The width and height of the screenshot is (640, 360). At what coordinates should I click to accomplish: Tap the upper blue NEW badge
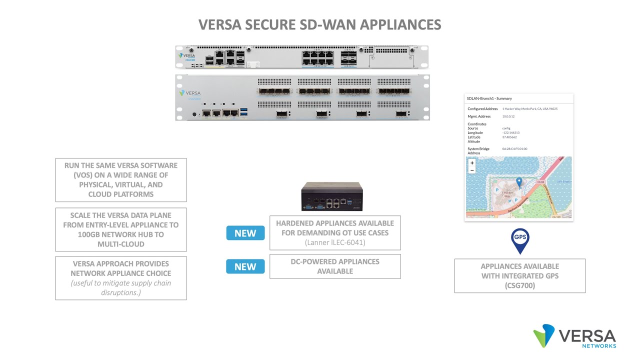[245, 233]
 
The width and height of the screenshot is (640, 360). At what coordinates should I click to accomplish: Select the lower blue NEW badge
[245, 266]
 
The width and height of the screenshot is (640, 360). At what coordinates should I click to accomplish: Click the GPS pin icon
[520, 238]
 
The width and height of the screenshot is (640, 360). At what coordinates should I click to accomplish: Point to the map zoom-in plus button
[472, 163]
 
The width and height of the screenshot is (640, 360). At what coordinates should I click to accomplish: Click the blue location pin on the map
[519, 182]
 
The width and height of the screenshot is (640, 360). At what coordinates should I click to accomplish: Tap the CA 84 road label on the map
[540, 182]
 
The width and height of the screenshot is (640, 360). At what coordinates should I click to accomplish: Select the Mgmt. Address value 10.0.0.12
[508, 116]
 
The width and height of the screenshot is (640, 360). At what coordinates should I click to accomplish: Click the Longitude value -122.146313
[511, 132]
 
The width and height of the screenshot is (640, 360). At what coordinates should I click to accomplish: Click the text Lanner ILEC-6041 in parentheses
[335, 242]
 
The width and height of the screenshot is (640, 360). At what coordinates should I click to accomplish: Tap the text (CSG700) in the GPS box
[519, 285]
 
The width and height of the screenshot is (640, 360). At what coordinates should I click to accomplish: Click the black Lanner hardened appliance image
[331, 196]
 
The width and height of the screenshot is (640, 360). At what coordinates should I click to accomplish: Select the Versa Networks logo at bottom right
[574, 336]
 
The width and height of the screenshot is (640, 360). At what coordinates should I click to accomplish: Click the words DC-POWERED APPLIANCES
[335, 261]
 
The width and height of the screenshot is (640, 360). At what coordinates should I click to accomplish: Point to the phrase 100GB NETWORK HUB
[121, 234]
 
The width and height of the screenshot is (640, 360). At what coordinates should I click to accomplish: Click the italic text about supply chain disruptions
[120, 287]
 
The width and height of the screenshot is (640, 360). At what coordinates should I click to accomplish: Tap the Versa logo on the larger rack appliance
[190, 93]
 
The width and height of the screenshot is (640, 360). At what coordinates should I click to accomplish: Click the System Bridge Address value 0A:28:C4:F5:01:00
[514, 148]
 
